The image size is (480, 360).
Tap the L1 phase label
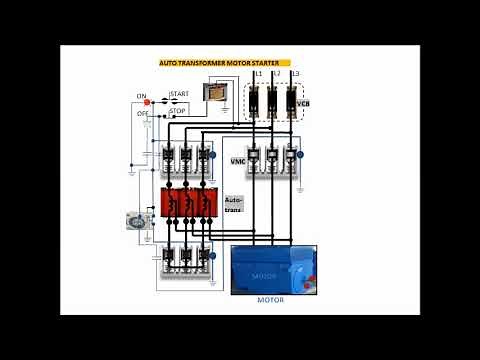258,75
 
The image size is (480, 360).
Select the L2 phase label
277,75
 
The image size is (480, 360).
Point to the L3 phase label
295,75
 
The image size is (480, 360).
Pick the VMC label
238,160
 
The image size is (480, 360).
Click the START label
179,93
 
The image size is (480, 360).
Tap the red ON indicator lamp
148,102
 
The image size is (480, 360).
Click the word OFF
141,114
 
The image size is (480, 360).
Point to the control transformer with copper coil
214,92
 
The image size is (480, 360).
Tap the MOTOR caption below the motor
270,300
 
